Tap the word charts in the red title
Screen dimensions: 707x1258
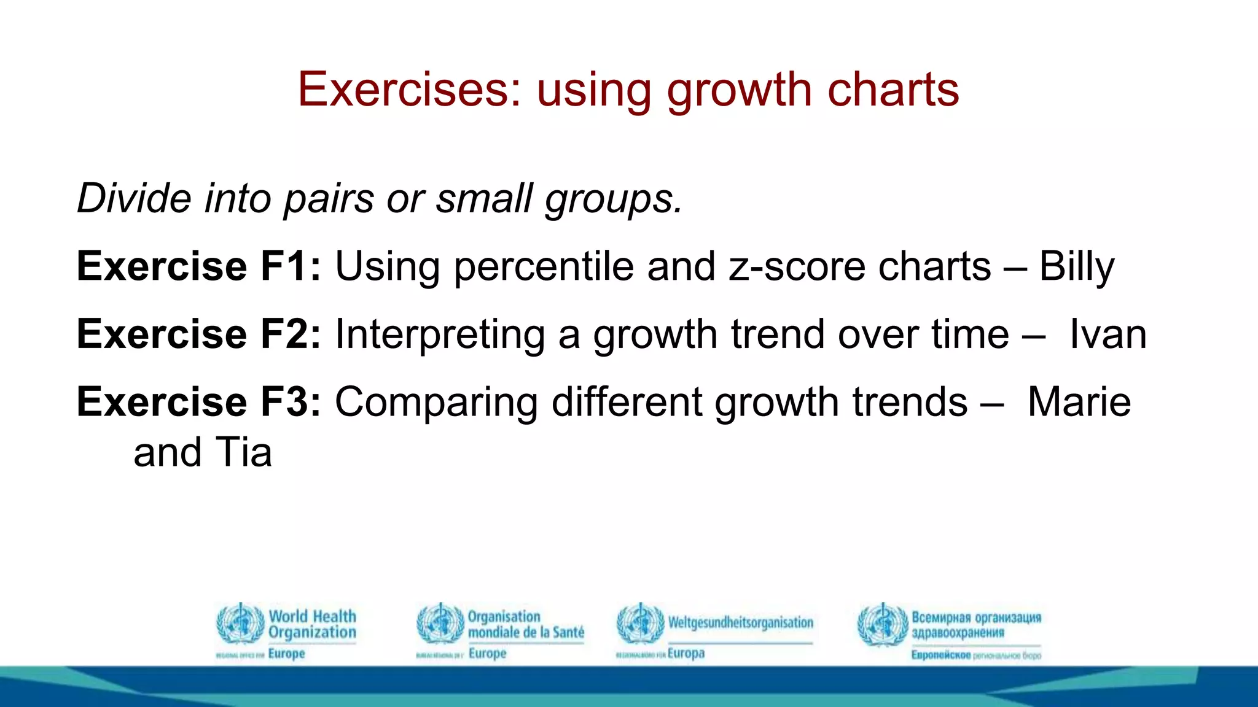893,90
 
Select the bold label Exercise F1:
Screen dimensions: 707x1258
198,266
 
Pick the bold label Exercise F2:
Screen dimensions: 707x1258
198,334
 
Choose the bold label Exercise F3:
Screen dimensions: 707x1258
198,402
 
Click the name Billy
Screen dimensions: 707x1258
1076,266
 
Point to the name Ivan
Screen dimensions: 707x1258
1108,334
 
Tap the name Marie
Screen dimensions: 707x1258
1079,402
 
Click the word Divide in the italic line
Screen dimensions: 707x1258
135,198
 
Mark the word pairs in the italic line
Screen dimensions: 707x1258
328,199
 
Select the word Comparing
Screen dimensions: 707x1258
436,403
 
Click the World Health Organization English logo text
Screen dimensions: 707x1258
312,624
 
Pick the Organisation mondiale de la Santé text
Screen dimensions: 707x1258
525,624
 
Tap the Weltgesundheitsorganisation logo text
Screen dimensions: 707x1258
740,623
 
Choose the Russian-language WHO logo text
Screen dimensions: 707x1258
976,625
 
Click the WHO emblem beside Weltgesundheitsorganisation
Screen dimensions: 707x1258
640,624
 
